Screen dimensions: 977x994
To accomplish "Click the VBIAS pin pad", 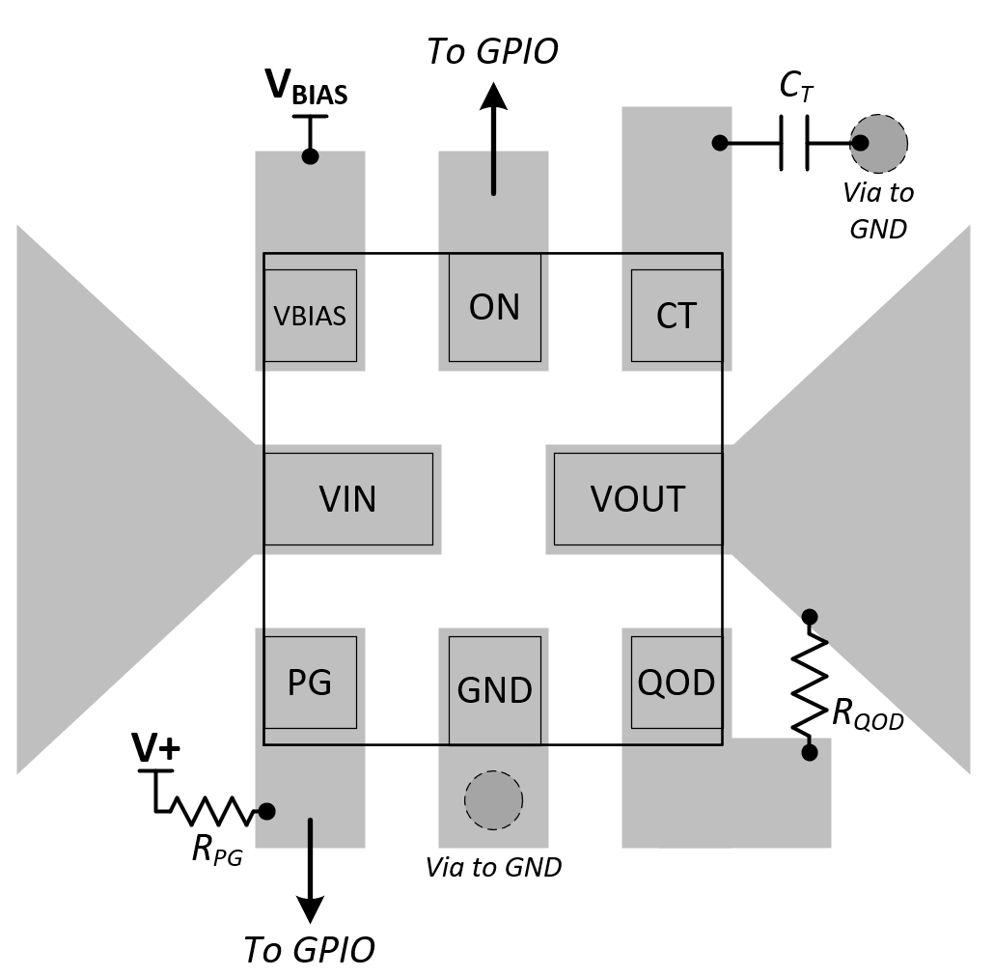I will coord(310,316).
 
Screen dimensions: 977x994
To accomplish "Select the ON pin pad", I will coord(494,307).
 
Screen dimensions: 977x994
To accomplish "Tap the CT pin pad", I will coord(676,316).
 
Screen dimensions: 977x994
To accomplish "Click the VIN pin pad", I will coord(347,499).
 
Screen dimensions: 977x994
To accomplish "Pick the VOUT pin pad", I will coord(637,499).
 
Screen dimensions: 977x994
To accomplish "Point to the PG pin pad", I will coord(310,683).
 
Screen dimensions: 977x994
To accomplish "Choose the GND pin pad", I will coord(494,689).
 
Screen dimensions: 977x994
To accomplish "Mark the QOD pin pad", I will coord(676,683).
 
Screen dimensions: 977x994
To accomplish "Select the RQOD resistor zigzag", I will coord(810,683).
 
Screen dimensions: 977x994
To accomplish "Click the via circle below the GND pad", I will coord(493,799).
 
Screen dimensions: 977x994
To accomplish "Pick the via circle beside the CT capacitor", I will coord(878,143).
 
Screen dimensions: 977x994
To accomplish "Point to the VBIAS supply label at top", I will coord(307,89).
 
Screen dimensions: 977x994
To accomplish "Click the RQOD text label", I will coord(867,715).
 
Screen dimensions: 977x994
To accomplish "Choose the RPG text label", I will coord(217,849).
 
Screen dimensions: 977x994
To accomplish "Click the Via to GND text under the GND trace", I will coord(493,867).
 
